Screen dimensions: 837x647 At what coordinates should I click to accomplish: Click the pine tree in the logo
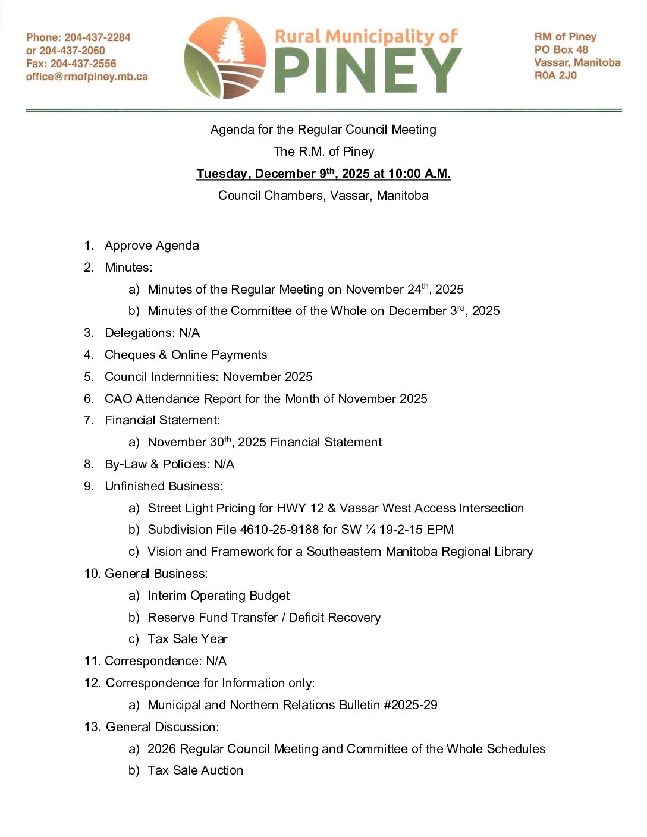[x=230, y=40]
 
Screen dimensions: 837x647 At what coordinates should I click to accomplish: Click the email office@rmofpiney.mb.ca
[x=87, y=77]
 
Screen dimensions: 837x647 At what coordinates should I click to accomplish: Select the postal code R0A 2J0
[x=555, y=75]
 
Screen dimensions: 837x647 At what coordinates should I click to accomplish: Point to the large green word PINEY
[x=368, y=70]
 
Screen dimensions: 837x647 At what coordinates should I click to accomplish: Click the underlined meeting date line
[x=323, y=174]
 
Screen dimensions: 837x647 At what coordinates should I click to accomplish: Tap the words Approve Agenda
[x=152, y=246]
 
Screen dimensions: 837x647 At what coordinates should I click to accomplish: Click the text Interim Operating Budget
[x=218, y=596]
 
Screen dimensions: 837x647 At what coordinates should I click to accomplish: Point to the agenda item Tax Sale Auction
[x=195, y=770]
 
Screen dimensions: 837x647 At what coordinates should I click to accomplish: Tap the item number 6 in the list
[x=89, y=399]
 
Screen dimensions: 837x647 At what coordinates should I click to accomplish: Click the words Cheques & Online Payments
[x=186, y=355]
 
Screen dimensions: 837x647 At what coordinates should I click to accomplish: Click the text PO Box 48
[x=561, y=49]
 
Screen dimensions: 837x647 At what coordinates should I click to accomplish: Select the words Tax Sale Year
[x=187, y=639]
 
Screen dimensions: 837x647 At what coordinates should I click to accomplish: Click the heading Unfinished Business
[x=164, y=486]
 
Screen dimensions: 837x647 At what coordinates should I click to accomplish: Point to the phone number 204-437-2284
[x=97, y=37]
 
